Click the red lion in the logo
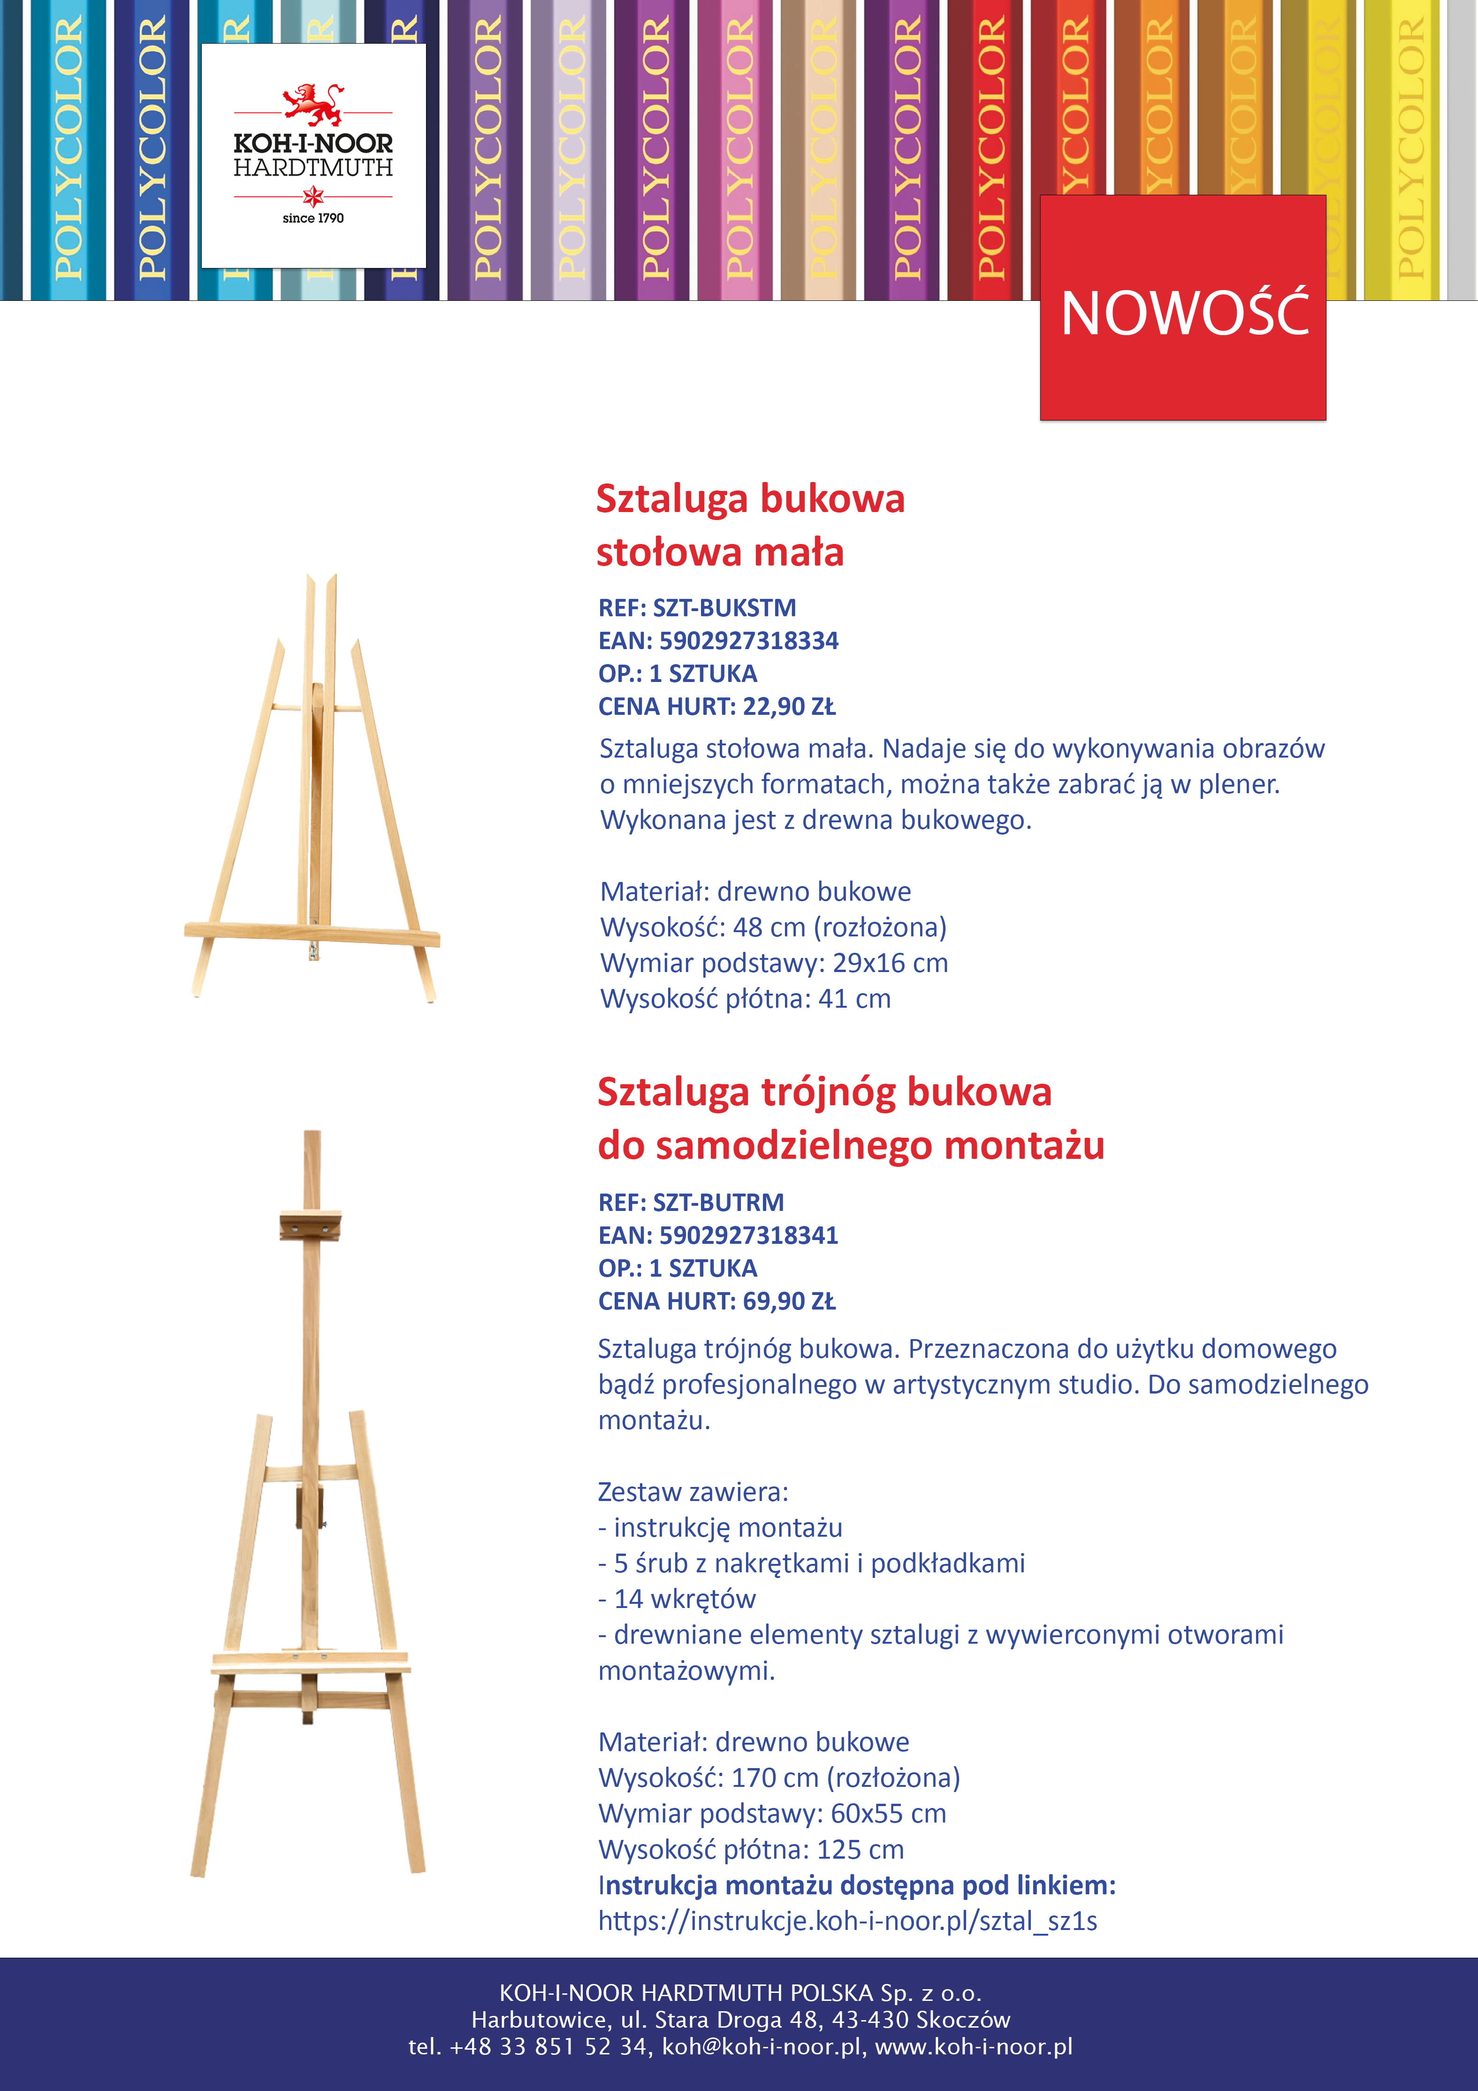click(312, 103)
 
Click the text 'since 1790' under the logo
click(312, 219)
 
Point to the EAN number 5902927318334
click(748, 641)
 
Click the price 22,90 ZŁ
click(789, 707)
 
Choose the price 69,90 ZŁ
click(789, 1302)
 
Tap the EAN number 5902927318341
click(748, 1236)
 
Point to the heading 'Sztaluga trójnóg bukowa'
click(824, 1092)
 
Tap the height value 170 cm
click(775, 1778)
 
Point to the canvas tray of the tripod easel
click(310, 1661)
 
